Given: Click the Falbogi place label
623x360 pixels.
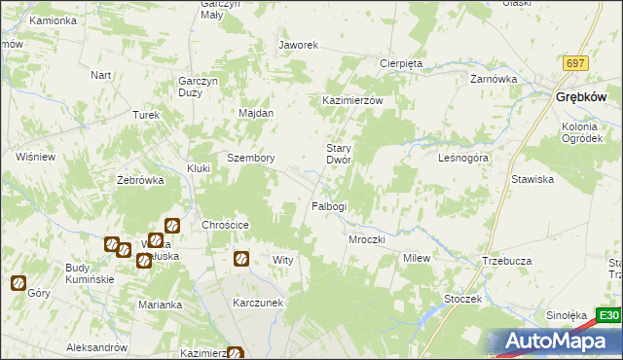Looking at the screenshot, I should pos(328,206).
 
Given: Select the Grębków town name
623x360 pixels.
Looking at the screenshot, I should pos(581,97).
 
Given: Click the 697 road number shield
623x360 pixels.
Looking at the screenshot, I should pos(575,63).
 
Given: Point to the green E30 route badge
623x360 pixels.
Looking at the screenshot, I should pos(608,315).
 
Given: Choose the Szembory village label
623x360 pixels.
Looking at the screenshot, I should pos(250,158).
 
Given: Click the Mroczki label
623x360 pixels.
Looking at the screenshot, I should pos(367,239).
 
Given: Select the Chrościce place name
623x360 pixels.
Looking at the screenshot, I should pos(226,225).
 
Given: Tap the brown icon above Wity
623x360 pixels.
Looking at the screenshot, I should pos(241,259).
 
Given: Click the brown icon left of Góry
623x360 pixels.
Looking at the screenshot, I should pos(18,283).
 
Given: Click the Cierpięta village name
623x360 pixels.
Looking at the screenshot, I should pos(400,63).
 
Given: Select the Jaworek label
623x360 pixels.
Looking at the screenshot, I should pos(299,45).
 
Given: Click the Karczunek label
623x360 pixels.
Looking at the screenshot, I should pos(258,303).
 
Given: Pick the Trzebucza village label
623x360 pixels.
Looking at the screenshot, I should pos(505,262).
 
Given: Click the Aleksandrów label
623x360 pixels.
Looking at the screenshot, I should pos(97,347).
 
